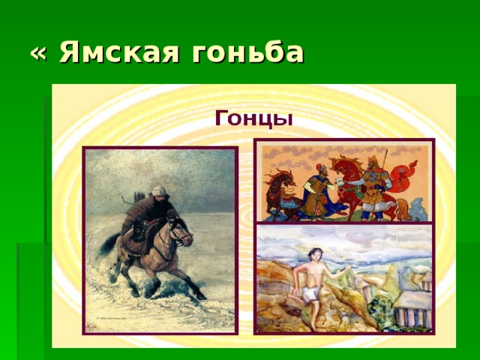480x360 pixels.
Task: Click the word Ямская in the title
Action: click(118, 52)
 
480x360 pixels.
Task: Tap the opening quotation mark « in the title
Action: click(38, 54)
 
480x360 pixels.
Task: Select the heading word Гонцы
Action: click(253, 118)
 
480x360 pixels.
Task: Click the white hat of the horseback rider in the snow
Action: click(159, 190)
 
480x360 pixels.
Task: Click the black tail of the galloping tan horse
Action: click(109, 243)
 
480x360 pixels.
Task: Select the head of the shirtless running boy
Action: click(315, 254)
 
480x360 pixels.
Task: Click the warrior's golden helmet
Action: click(373, 160)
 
